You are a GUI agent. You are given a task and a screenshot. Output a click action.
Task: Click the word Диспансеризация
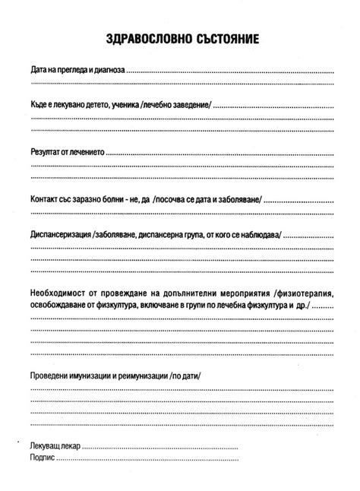(61, 233)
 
